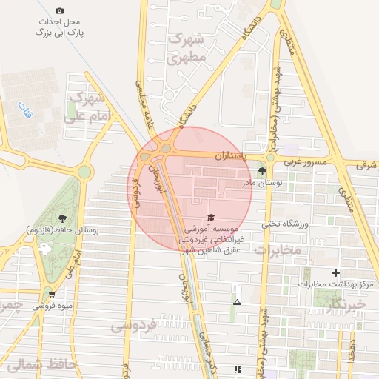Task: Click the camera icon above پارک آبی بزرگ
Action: tap(59, 10)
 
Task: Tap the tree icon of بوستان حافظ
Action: tap(61, 218)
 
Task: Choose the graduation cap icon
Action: tap(211, 217)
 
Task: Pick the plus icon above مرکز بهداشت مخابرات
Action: tap(337, 273)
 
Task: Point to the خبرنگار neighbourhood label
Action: tap(344, 304)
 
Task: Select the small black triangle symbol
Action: tap(237, 302)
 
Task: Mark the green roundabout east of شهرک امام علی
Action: tap(84, 172)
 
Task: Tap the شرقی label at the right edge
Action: tap(366, 165)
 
